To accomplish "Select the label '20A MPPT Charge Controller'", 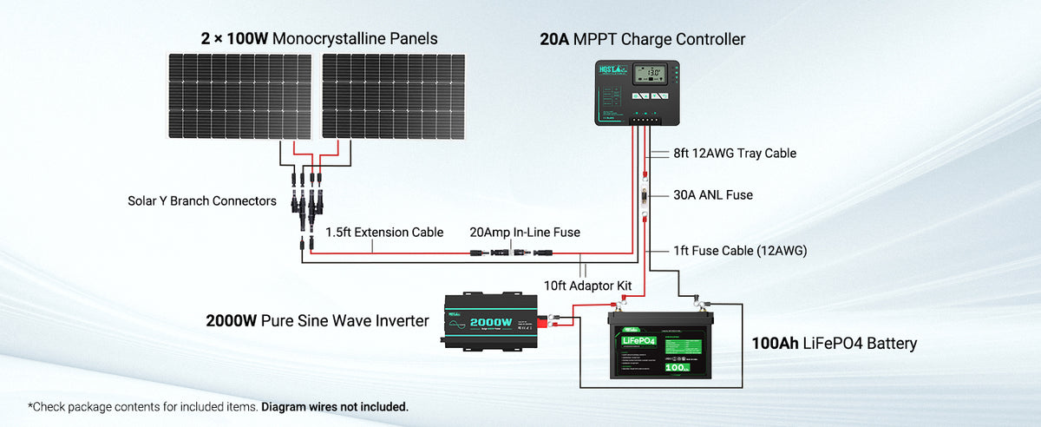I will point(641,39).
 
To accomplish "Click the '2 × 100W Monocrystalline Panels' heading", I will point(318,38).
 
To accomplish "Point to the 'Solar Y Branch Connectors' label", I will point(201,201).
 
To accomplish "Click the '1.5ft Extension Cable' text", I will point(384,233).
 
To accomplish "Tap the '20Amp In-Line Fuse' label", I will point(525,232).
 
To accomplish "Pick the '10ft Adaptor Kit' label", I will point(586,286).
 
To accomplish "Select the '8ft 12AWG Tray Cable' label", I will point(735,154).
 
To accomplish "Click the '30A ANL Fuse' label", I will point(714,195).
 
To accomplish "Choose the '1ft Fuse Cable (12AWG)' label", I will point(740,251).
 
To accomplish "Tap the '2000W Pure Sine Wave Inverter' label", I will point(318,321).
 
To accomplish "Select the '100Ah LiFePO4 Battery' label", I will point(834,344).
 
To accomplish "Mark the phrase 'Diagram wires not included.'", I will point(334,406).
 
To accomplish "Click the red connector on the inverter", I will point(548,323).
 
